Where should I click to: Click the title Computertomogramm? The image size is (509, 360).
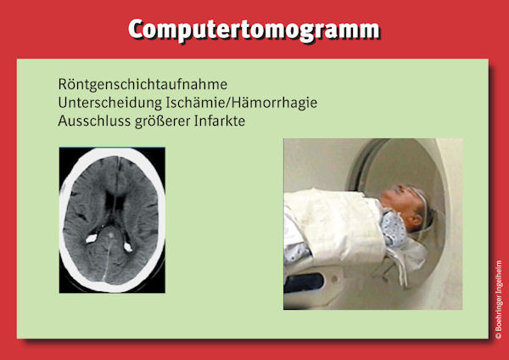254,30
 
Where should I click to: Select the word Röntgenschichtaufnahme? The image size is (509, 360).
143,84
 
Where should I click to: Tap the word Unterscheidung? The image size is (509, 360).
110,103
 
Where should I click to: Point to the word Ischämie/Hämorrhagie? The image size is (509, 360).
242,103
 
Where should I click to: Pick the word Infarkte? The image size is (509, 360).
220,121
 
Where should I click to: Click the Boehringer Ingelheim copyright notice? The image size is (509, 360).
498,300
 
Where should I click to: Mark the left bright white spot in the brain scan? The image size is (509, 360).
92,239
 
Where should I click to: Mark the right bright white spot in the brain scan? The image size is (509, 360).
128,247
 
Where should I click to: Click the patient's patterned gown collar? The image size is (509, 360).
394,228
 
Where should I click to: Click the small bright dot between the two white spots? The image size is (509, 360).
110,234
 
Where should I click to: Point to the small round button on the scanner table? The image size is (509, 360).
335,279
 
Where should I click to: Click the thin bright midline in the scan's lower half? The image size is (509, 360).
107,260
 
